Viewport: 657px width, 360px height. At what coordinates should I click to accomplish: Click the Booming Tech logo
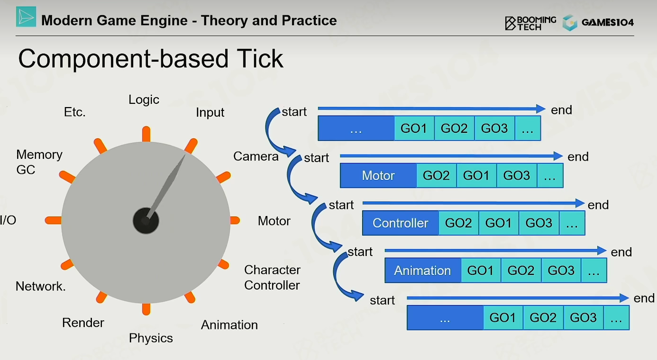tap(530, 23)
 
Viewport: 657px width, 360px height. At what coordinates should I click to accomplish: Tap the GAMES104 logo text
tap(607, 22)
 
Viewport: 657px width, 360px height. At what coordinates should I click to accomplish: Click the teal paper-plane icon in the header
tap(26, 17)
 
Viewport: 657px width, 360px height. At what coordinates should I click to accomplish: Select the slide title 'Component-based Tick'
tap(151, 59)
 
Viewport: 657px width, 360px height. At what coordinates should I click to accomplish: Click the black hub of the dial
tap(146, 220)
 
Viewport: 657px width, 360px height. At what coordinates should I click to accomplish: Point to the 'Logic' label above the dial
tap(144, 100)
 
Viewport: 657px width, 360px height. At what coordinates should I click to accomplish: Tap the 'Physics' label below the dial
tap(151, 338)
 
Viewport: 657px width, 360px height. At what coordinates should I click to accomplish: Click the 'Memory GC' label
tap(39, 162)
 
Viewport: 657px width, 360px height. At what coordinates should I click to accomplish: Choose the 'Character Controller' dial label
tap(272, 277)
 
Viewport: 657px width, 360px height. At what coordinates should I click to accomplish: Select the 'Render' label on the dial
tap(83, 323)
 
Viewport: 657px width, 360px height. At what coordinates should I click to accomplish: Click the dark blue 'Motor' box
tap(378, 176)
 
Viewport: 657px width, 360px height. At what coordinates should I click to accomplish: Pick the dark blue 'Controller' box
tap(401, 223)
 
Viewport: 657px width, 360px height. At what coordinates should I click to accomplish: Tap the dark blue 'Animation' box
tap(423, 270)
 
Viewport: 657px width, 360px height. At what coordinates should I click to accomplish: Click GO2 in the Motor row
tap(436, 176)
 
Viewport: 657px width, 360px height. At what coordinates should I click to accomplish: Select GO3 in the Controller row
tap(539, 223)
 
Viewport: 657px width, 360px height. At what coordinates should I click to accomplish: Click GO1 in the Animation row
tap(481, 270)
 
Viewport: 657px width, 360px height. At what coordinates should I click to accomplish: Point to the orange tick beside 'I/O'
tap(54, 220)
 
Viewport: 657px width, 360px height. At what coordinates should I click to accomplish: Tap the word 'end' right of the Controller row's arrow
tap(598, 205)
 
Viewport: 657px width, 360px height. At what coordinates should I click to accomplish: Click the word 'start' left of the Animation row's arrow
tap(360, 252)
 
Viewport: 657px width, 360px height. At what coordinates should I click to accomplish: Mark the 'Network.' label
tap(40, 287)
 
